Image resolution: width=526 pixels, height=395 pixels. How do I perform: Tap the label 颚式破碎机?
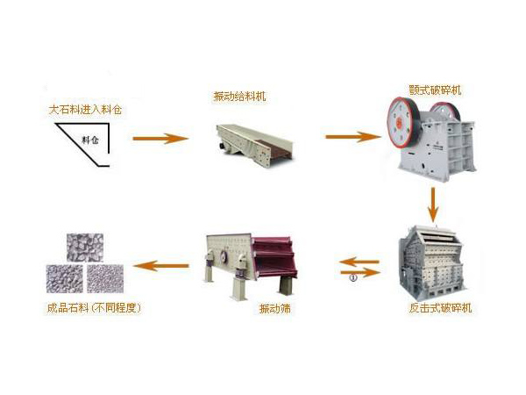(x=435, y=90)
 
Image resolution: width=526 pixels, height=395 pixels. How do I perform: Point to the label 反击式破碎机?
(x=440, y=308)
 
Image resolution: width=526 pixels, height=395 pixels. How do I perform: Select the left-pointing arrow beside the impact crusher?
(x=360, y=261)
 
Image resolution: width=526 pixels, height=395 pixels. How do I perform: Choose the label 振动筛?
(x=270, y=308)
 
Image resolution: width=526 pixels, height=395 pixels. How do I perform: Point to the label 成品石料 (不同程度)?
(x=94, y=308)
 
